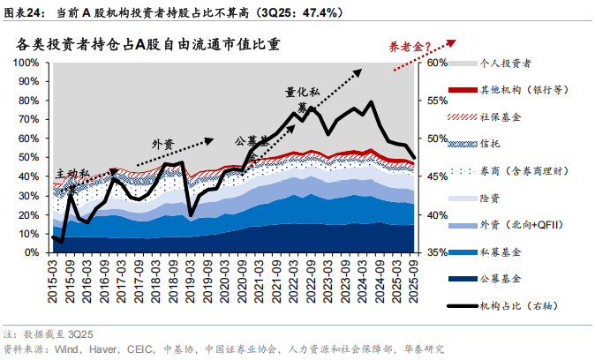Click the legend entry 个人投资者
[x=511, y=64]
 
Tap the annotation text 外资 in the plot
[x=164, y=144]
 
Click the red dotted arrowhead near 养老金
[x=452, y=41]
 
